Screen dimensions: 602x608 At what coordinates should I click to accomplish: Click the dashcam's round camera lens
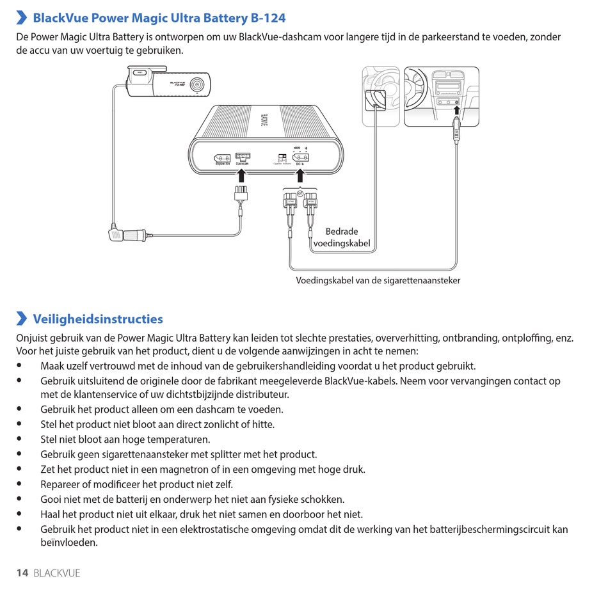click(200, 84)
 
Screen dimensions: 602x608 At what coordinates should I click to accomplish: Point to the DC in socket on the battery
click(300, 157)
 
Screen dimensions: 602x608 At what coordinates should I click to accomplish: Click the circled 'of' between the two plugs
click(300, 193)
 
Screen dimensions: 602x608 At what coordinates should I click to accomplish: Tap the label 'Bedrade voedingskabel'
click(341, 237)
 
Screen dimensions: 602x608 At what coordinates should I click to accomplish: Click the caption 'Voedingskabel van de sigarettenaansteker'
click(378, 280)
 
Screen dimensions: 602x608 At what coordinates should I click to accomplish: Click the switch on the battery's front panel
click(282, 157)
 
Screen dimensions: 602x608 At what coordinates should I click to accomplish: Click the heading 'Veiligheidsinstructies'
click(97, 319)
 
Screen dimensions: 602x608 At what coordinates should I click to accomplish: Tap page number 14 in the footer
click(22, 573)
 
